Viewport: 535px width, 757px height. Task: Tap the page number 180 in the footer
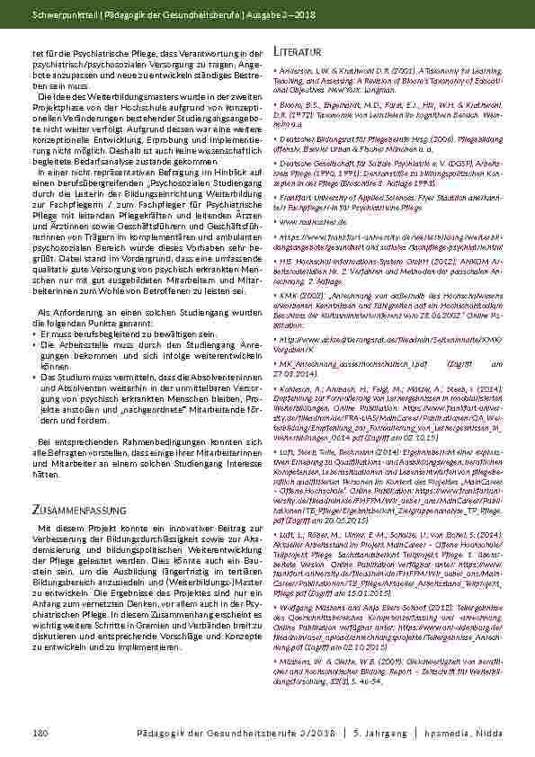pyautogui.click(x=40, y=735)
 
